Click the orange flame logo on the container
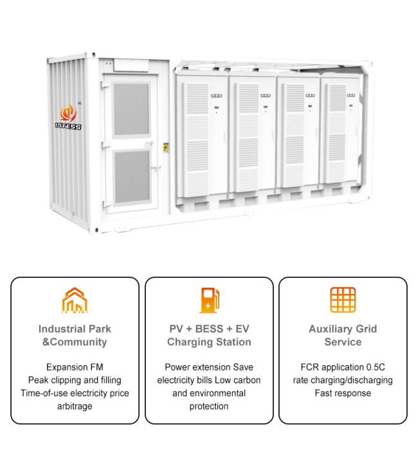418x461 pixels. (x=68, y=112)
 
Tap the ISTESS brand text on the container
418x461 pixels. (x=68, y=126)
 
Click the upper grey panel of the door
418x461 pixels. (x=131, y=109)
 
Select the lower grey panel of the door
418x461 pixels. (x=132, y=177)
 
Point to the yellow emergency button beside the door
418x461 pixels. (x=166, y=147)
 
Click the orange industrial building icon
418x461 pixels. (x=75, y=300)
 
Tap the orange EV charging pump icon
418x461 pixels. (x=209, y=300)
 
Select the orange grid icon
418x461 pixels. (x=343, y=300)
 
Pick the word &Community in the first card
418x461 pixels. (x=75, y=342)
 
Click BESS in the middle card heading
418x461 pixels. (x=209, y=329)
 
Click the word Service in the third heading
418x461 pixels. (x=343, y=342)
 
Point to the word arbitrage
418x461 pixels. (x=75, y=406)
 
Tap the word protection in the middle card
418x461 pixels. (x=209, y=406)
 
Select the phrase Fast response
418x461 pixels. (x=343, y=393)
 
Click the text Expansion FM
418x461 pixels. (x=75, y=367)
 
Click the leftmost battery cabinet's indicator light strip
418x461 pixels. (x=217, y=96)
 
